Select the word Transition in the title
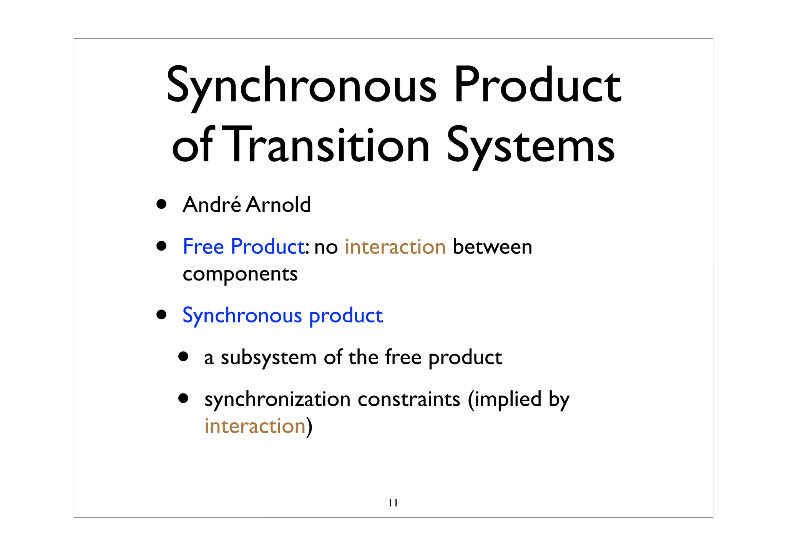pos(329,145)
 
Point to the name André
pos(212,204)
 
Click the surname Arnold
pos(278,204)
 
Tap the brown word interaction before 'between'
pos(395,247)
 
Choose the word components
pos(240,274)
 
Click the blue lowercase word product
pos(346,316)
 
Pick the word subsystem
pos(268,358)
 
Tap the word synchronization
pos(277,400)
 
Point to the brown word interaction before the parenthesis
pos(255,426)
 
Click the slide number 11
pos(393,503)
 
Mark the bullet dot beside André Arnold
pos(161,204)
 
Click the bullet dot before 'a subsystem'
pos(183,357)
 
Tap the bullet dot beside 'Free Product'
pos(161,246)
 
